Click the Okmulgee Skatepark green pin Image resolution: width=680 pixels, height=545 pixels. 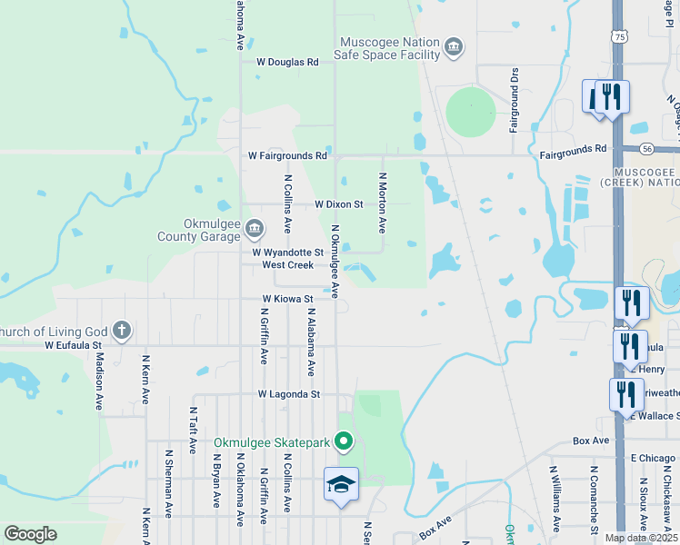pos(344,442)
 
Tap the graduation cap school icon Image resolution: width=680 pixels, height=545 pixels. pos(341,483)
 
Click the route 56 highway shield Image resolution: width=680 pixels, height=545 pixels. pos(646,147)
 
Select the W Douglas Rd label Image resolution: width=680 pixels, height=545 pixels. pos(287,63)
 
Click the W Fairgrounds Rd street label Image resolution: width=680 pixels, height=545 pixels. pos(288,155)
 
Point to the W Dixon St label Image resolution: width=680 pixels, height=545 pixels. pos(339,205)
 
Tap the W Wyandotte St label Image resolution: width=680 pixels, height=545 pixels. pos(287,252)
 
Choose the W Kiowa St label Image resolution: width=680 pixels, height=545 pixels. pos(287,298)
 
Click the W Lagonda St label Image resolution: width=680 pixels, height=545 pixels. pos(289,394)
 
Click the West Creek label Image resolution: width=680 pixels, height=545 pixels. pos(287,265)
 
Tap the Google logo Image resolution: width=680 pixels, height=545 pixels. pos(30,534)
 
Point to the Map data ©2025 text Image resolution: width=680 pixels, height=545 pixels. pos(640,538)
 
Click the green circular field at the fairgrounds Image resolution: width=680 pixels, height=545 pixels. pos(471,112)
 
